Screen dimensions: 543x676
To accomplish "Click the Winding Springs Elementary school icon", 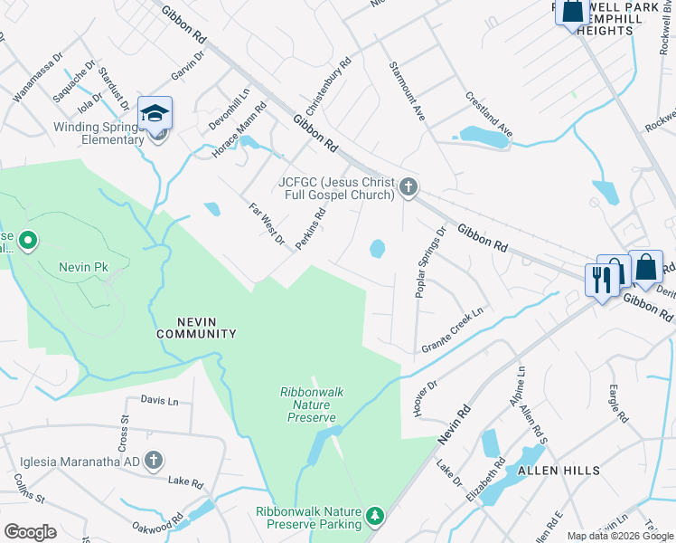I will [x=155, y=114].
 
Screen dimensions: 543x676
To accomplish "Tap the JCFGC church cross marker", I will [x=408, y=187].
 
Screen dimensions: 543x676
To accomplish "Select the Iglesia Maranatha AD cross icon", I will [x=154, y=460].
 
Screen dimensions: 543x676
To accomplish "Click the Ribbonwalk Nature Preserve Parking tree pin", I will [x=375, y=517].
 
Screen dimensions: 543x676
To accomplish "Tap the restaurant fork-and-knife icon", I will [x=598, y=278].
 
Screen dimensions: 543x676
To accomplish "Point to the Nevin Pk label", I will [x=84, y=267].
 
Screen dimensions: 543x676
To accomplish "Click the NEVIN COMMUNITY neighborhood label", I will [x=195, y=327].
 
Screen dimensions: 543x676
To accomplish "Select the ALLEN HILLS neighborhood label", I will [x=558, y=471].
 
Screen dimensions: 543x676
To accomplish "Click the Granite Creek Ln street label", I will [x=453, y=330].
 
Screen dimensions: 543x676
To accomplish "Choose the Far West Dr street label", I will [x=268, y=225].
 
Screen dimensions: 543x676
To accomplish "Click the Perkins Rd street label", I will [x=314, y=230].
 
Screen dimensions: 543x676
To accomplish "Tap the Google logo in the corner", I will [x=30, y=532].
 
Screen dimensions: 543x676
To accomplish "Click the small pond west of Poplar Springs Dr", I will [x=377, y=247].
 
